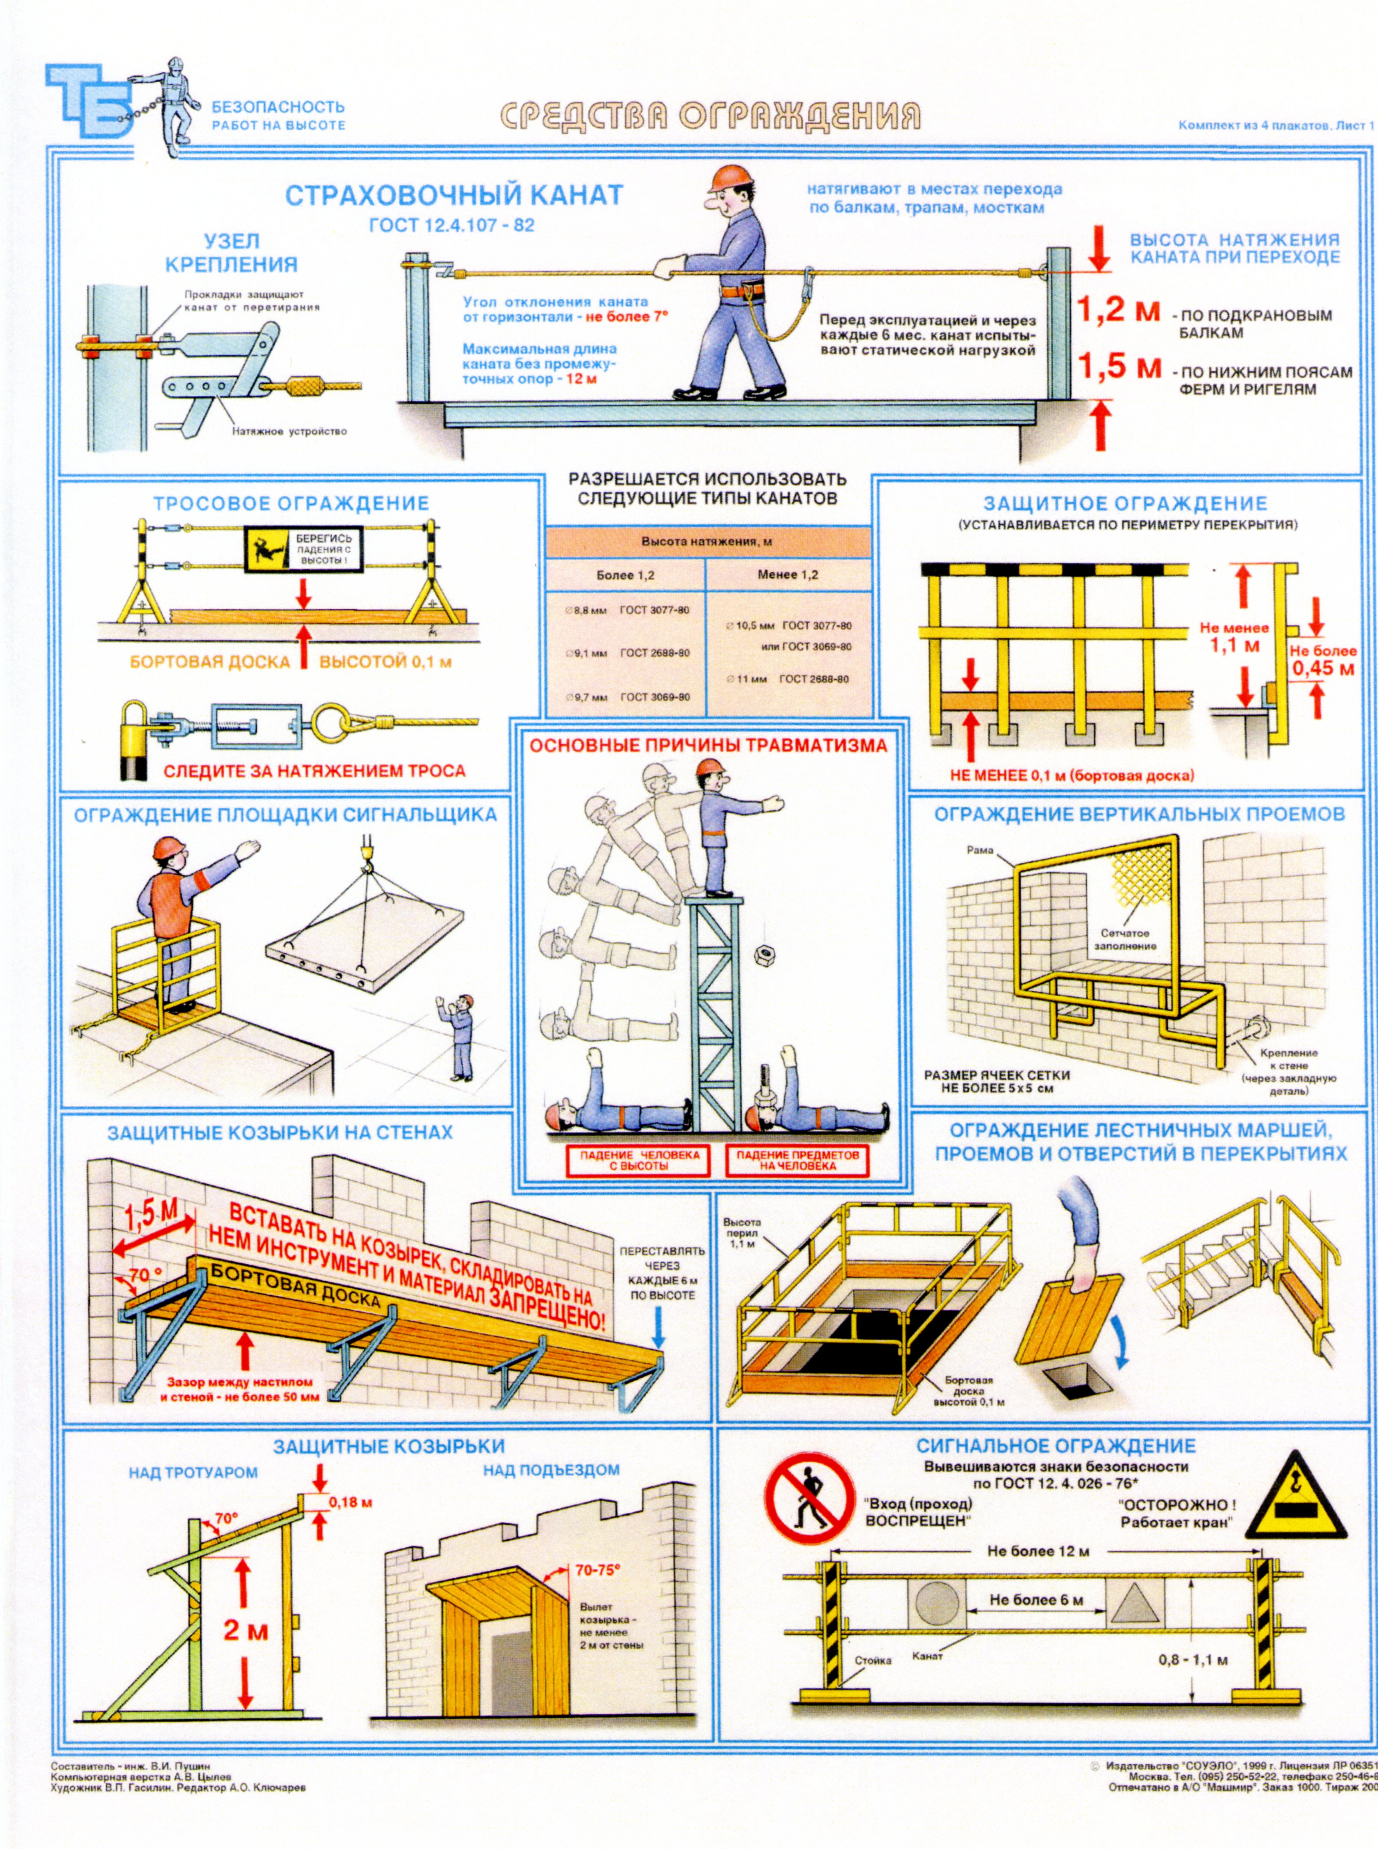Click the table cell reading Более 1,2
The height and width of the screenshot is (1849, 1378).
626,575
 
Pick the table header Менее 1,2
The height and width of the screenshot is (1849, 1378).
787,575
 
